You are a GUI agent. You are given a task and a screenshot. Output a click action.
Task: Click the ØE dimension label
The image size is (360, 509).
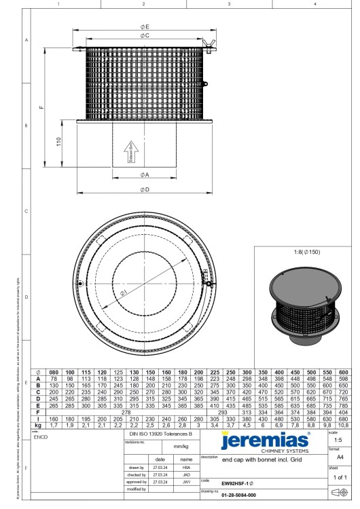click(x=145, y=26)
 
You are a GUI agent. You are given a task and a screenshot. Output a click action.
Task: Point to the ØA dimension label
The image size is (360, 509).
click(x=145, y=174)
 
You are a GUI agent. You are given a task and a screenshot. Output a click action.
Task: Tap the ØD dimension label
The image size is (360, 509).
click(x=145, y=189)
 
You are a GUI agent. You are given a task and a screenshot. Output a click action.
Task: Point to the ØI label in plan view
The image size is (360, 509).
click(x=123, y=293)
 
